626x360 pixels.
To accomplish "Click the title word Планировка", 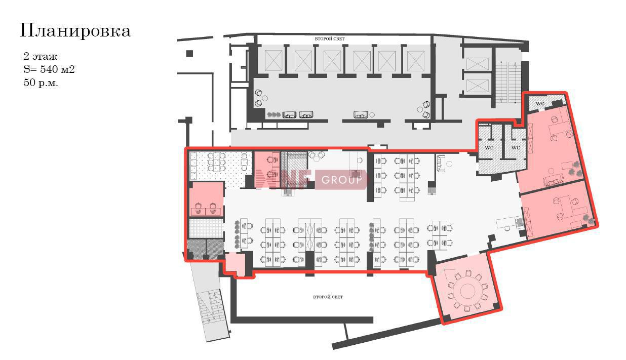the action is click(75, 31).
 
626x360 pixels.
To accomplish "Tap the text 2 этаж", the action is click(41, 56).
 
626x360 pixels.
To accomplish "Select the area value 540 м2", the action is click(57, 69).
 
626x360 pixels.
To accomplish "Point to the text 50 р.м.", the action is click(41, 83).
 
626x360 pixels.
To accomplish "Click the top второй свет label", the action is click(330, 39).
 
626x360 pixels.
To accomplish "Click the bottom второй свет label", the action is click(328, 297).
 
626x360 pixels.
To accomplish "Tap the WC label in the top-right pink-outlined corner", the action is click(539, 103).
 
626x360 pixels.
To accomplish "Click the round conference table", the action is click(467, 291).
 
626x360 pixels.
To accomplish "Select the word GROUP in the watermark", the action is click(341, 180).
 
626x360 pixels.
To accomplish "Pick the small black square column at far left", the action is click(189, 53).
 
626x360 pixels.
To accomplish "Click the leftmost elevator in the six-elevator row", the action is click(273, 61).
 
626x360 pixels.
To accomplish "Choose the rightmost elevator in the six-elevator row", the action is click(416, 61).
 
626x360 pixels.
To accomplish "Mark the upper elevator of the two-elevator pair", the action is click(478, 64).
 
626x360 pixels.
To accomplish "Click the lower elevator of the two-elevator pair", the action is click(478, 86).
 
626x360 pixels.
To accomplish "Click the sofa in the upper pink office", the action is click(553, 180).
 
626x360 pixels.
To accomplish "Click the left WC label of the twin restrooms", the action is click(489, 147).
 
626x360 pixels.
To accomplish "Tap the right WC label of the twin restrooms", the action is click(515, 147).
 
